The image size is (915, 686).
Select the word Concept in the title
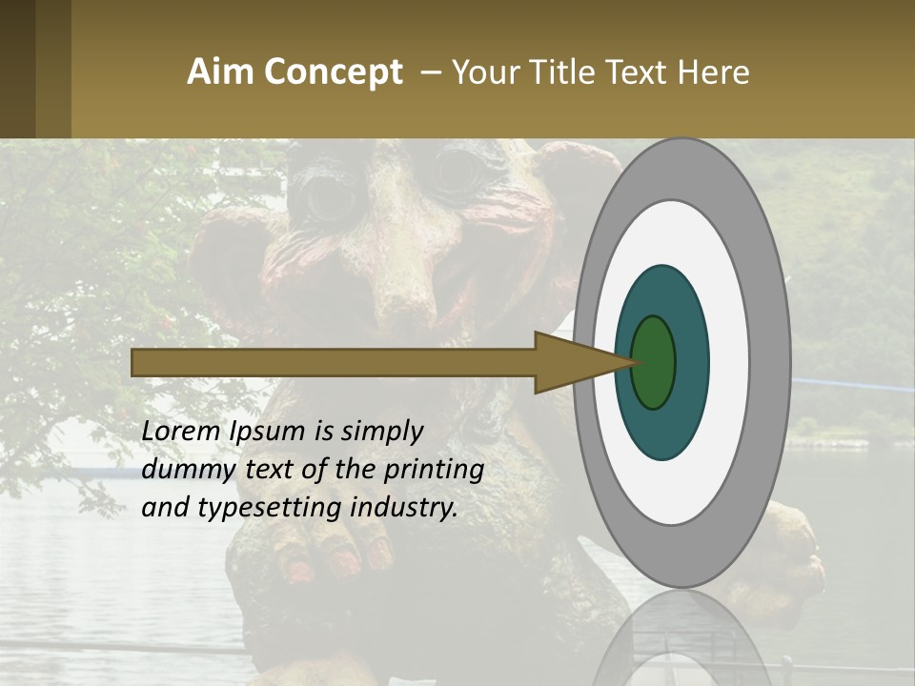(333, 72)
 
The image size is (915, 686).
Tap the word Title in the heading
(557, 72)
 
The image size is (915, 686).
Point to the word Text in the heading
(637, 72)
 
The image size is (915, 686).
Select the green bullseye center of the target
(654, 362)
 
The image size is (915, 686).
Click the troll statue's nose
(401, 286)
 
